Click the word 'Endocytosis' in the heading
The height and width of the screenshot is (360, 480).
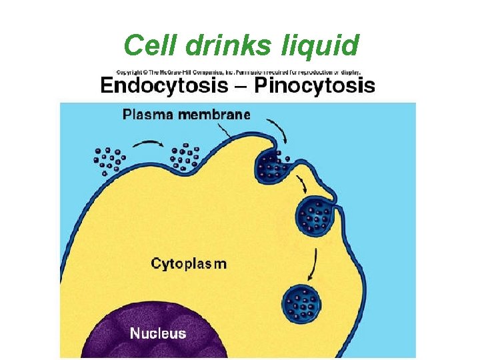pos(170,86)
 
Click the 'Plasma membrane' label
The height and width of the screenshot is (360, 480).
pos(186,114)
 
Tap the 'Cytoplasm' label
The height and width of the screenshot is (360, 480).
pos(189,263)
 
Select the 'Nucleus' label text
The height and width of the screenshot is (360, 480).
pos(158,333)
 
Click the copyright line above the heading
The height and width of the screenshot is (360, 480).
pos(238,71)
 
